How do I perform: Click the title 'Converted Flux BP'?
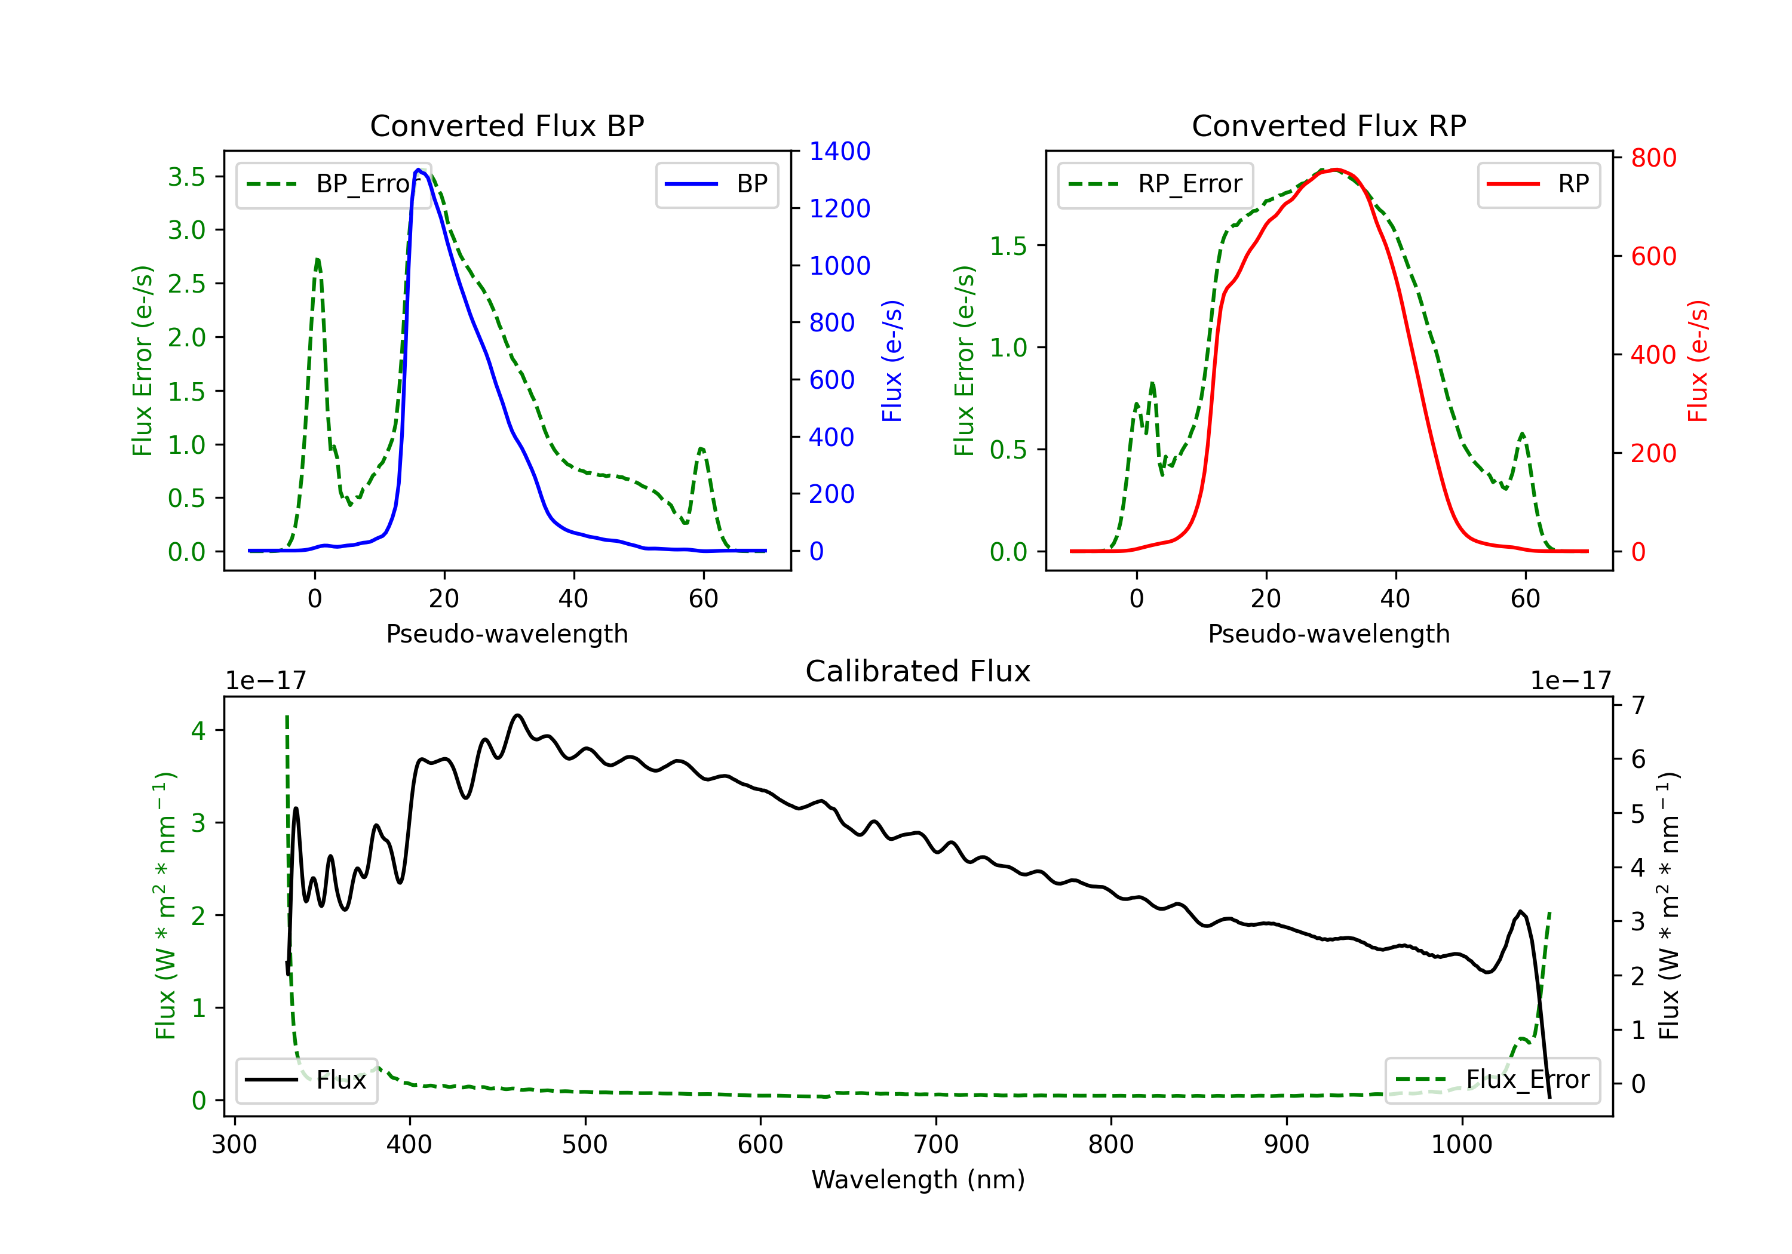tap(507, 125)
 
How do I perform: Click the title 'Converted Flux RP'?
tap(1328, 125)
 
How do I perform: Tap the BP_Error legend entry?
tap(333, 184)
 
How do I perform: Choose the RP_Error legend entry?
tap(1155, 184)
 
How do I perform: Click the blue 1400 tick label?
tap(839, 152)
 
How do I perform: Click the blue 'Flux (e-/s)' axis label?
tap(891, 361)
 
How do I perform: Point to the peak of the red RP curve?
tap(1336, 170)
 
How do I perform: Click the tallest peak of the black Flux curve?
tap(517, 715)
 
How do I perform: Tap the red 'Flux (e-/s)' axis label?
tap(1698, 361)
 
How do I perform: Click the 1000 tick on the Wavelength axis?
tap(1461, 1144)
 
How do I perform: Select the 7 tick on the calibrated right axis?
tap(1638, 705)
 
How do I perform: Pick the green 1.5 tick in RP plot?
tap(1008, 246)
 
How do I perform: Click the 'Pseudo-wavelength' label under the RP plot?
tap(1328, 634)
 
